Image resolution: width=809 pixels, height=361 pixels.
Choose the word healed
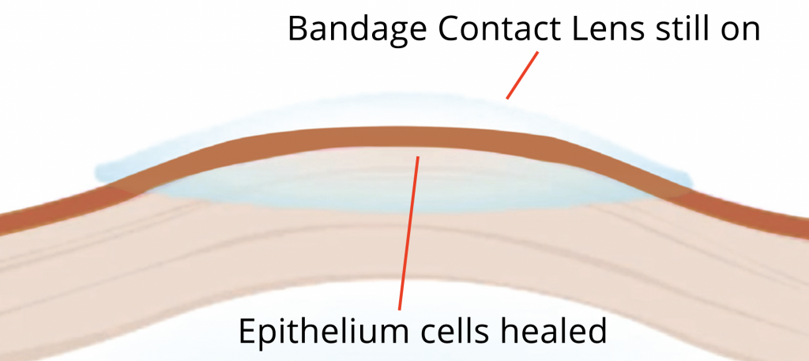tap(552, 330)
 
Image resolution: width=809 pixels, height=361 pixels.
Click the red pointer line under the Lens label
tap(522, 75)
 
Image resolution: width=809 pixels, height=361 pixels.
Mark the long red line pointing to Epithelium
tap(408, 233)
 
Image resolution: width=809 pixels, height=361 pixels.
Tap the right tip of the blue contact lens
tap(690, 181)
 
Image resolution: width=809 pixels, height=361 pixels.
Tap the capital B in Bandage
tap(299, 29)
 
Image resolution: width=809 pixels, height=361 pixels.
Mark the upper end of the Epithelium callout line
tap(418, 156)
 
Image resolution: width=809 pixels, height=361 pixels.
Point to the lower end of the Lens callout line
tap(507, 98)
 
